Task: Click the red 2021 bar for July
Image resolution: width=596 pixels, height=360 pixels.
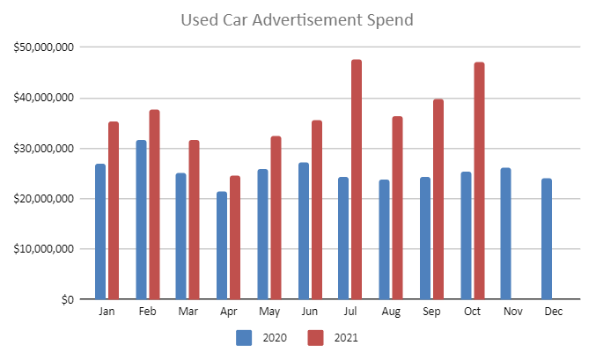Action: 357,180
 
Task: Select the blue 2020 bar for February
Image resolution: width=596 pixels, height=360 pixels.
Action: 141,220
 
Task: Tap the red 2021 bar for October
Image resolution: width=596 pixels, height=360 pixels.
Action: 479,180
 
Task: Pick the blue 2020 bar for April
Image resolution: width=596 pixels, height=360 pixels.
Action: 222,246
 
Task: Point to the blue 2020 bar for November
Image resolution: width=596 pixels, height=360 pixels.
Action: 505,233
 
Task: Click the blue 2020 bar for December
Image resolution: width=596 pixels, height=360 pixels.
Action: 547,239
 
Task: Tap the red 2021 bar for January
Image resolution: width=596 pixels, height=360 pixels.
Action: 114,210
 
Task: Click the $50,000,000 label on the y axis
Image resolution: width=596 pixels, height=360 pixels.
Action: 44,47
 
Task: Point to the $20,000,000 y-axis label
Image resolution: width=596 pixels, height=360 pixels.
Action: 44,198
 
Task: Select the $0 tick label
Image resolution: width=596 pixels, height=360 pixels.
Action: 67,299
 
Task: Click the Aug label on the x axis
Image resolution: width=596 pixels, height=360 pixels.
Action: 391,312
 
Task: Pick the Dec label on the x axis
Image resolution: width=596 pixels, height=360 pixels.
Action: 554,312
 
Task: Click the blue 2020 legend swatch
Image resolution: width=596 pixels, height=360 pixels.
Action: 245,337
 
